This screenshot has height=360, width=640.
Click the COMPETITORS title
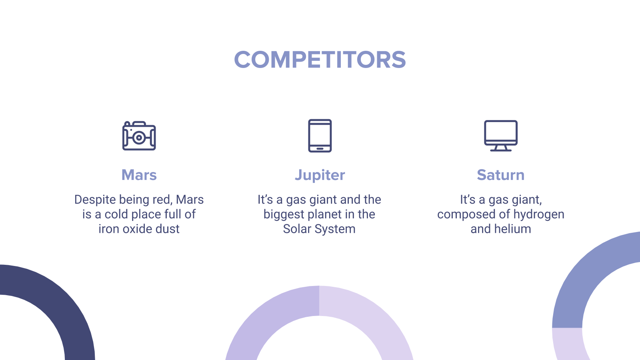[320, 60]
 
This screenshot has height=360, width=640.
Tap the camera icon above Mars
[139, 136]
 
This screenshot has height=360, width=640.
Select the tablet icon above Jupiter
[320, 136]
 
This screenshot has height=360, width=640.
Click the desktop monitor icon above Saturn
[501, 136]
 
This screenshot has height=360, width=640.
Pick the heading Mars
[139, 175]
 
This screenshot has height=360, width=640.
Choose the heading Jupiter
[320, 175]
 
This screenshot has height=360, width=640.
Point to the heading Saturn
[501, 175]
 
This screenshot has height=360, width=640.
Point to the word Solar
[297, 229]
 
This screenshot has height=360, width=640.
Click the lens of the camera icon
[139, 138]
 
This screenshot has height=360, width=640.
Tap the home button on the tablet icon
[320, 148]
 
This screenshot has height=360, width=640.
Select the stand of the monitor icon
[501, 148]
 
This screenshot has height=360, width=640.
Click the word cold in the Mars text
[116, 214]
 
